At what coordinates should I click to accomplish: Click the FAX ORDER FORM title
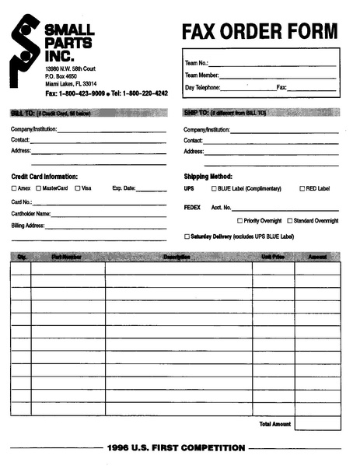click(260, 32)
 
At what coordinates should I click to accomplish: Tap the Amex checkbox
click(14, 188)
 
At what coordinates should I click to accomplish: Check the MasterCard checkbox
click(38, 188)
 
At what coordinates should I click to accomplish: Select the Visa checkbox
click(78, 188)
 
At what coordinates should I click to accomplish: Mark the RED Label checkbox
click(302, 188)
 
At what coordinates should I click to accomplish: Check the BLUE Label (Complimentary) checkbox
click(215, 188)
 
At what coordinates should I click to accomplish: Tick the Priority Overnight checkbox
click(239, 221)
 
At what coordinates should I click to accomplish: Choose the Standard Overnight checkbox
click(290, 221)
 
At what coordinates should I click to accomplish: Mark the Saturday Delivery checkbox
click(187, 236)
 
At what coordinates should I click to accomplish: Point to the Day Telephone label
click(201, 88)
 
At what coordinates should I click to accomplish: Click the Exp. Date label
click(124, 188)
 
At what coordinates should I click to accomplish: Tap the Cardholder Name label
click(31, 213)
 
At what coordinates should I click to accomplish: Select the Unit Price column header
click(272, 256)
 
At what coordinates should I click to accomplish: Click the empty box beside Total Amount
click(317, 424)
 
